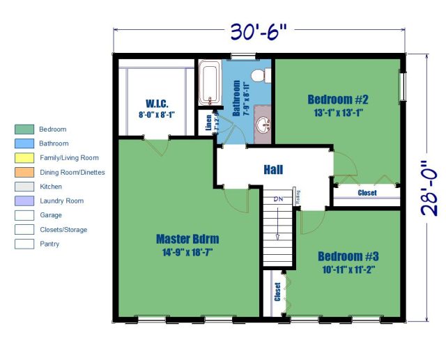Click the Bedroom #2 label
tap(337, 98)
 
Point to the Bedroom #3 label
tap(348, 255)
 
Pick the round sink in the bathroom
tap(263, 126)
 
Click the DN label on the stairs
tap(278, 199)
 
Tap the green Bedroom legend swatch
tap(24, 130)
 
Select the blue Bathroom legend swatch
tap(24, 143)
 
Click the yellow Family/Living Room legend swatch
tap(24, 158)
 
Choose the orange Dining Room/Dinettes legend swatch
tap(24, 172)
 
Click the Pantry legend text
tap(49, 244)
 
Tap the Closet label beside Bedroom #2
tap(367, 193)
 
